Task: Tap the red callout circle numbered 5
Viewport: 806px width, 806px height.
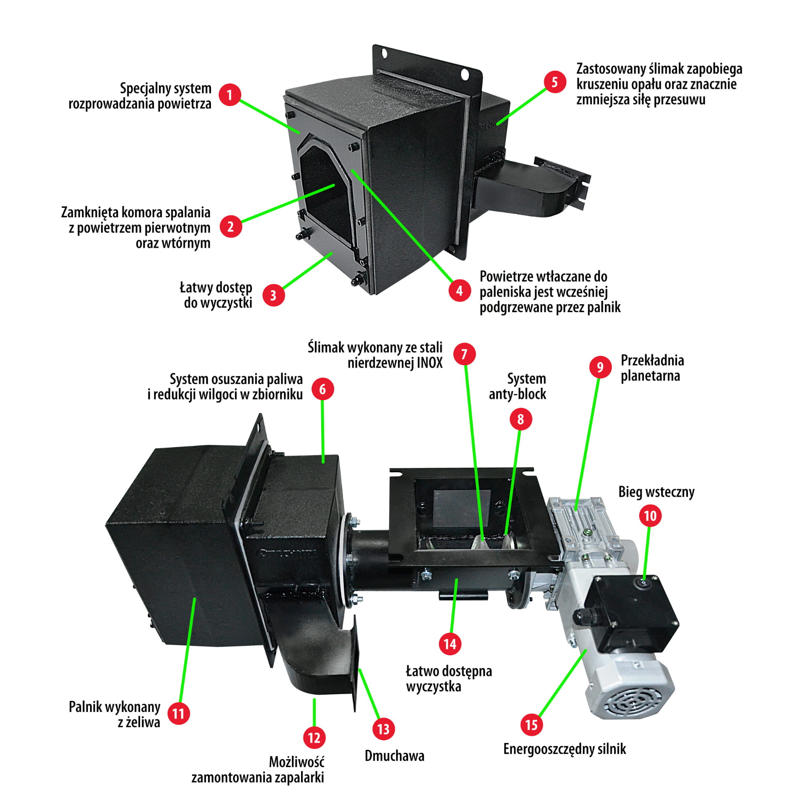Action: click(x=555, y=82)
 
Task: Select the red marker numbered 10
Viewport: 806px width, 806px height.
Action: click(x=651, y=516)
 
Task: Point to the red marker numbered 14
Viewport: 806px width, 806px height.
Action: click(x=450, y=644)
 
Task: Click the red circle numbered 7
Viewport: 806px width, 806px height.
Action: click(x=464, y=354)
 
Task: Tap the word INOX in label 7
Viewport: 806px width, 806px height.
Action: click(x=430, y=363)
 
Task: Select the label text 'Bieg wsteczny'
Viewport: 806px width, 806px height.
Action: click(x=656, y=492)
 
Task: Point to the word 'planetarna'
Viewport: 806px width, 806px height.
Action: click(x=650, y=376)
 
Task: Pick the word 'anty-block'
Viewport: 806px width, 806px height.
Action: click(x=517, y=394)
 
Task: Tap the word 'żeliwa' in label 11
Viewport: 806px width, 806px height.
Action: click(x=139, y=723)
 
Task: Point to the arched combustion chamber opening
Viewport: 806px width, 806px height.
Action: click(x=324, y=188)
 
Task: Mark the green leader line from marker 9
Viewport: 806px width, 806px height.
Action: click(x=588, y=442)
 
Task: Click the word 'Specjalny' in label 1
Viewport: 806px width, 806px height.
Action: click(x=140, y=89)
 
